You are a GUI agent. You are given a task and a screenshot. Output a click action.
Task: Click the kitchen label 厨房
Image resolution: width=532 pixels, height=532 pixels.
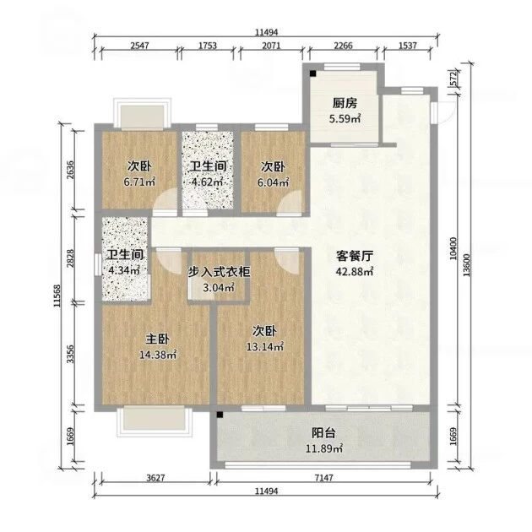pyautogui.click(x=345, y=103)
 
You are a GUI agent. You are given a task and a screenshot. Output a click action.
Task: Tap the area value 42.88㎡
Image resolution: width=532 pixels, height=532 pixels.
pyautogui.click(x=355, y=272)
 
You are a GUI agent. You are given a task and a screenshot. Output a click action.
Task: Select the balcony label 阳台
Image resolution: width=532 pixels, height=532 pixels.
pyautogui.click(x=323, y=433)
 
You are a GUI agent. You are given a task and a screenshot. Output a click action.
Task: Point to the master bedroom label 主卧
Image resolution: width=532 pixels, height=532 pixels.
pyautogui.click(x=157, y=339)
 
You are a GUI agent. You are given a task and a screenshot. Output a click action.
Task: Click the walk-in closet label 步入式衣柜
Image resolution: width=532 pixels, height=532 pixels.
pyautogui.click(x=220, y=272)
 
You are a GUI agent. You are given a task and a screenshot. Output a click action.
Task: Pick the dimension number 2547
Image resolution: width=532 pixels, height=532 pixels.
pyautogui.click(x=140, y=46)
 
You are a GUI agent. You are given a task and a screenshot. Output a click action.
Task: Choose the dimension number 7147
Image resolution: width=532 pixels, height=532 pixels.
pyautogui.click(x=324, y=478)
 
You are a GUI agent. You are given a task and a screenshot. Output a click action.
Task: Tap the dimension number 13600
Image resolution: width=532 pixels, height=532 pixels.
pyautogui.click(x=467, y=265)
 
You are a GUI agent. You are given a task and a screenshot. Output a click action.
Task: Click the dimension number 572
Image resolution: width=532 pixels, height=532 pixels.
pyautogui.click(x=454, y=79)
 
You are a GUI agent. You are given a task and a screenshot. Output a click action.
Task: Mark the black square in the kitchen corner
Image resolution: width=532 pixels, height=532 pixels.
pyautogui.click(x=312, y=73)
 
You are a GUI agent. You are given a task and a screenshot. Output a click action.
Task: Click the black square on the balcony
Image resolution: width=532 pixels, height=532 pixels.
pyautogui.click(x=220, y=415)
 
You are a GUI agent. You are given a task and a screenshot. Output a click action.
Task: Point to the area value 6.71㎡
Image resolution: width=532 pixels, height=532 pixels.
pyautogui.click(x=139, y=182)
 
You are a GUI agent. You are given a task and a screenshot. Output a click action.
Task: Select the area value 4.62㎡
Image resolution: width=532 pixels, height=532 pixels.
pyautogui.click(x=207, y=182)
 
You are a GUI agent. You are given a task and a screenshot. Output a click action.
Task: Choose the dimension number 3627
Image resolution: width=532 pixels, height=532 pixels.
pyautogui.click(x=155, y=478)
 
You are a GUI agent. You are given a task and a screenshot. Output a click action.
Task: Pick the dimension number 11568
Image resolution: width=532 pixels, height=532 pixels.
pyautogui.click(x=57, y=296)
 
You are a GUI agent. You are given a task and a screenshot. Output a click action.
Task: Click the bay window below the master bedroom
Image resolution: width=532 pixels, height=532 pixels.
pyautogui.click(x=155, y=421)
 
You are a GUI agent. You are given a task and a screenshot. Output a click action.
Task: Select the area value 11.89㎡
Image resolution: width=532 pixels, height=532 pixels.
pyautogui.click(x=324, y=449)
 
